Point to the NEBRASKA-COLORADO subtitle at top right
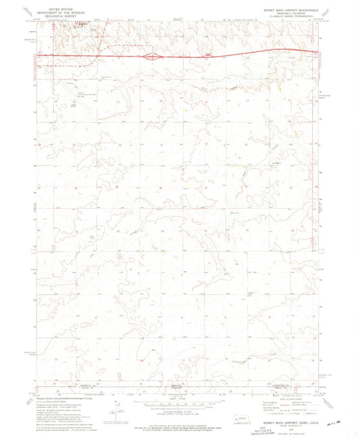(288, 9)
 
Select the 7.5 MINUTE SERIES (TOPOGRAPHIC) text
(288, 13)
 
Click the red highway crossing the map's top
(223, 55)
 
